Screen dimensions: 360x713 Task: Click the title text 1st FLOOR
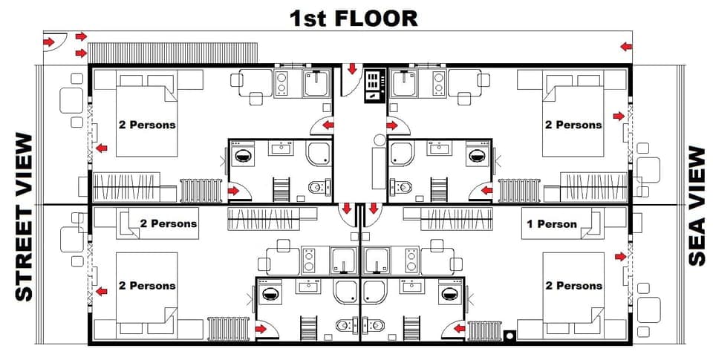click(x=354, y=17)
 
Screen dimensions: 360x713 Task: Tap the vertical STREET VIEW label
click(x=24, y=217)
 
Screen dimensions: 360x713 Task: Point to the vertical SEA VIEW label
click(x=696, y=206)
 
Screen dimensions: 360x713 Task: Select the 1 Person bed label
click(x=551, y=223)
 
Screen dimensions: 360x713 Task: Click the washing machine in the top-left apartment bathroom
click(x=243, y=156)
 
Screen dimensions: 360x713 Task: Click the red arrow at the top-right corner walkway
click(x=627, y=47)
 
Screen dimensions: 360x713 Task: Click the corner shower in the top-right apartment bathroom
click(x=402, y=154)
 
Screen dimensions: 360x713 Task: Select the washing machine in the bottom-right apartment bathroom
click(x=447, y=292)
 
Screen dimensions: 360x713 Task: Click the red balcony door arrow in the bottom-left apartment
click(x=101, y=292)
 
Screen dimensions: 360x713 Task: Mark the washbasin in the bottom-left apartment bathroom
click(x=308, y=287)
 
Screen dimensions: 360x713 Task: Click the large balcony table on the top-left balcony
click(x=72, y=100)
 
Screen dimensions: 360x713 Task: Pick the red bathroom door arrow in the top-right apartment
click(x=486, y=191)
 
